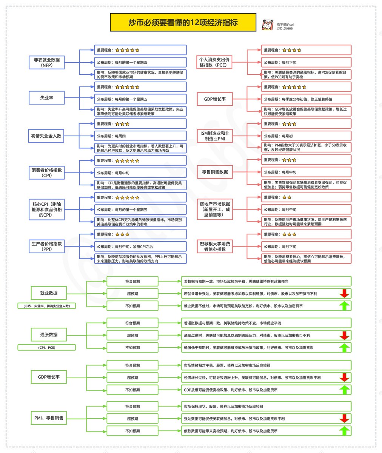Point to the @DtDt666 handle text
point(285,28)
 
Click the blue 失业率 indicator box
point(47,98)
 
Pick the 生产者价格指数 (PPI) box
point(47,247)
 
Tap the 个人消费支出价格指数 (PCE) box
point(214,62)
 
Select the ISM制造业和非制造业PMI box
point(214,136)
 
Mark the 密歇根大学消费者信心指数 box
point(215,247)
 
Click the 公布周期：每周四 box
point(140,136)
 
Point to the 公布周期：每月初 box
point(306,136)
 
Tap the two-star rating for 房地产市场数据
point(286,197)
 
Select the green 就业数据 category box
point(49,293)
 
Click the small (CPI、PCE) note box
point(47,347)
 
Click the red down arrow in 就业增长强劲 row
point(344,293)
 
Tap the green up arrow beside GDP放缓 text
point(344,390)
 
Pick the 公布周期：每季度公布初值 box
point(306,99)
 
